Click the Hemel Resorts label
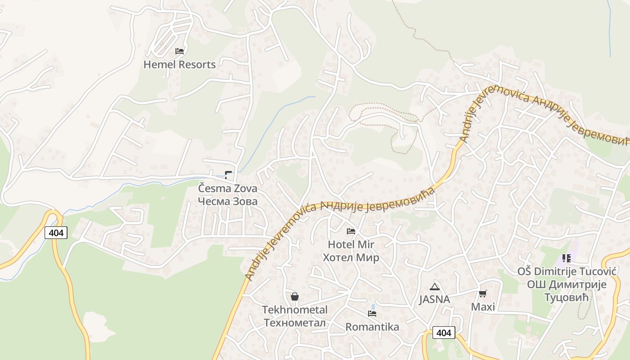coord(180,64)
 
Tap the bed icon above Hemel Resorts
coord(180,51)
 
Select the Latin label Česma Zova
coord(228,188)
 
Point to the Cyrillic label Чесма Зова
coord(228,201)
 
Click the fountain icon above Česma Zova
coord(229,175)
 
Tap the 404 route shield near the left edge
coord(56,233)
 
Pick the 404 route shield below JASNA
coord(444,333)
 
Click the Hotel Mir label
coord(351,244)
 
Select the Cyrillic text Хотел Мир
coord(351,257)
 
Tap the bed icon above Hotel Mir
coord(351,231)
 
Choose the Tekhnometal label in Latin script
coord(295,310)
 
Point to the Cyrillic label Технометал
coord(295,322)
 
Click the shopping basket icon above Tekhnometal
coord(295,297)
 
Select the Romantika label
coord(372,327)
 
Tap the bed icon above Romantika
coord(372,314)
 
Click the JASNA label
coord(434,299)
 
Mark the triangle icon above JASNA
coord(434,287)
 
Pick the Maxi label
coord(483,307)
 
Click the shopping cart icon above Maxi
coord(483,294)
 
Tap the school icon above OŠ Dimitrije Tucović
coord(567,258)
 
